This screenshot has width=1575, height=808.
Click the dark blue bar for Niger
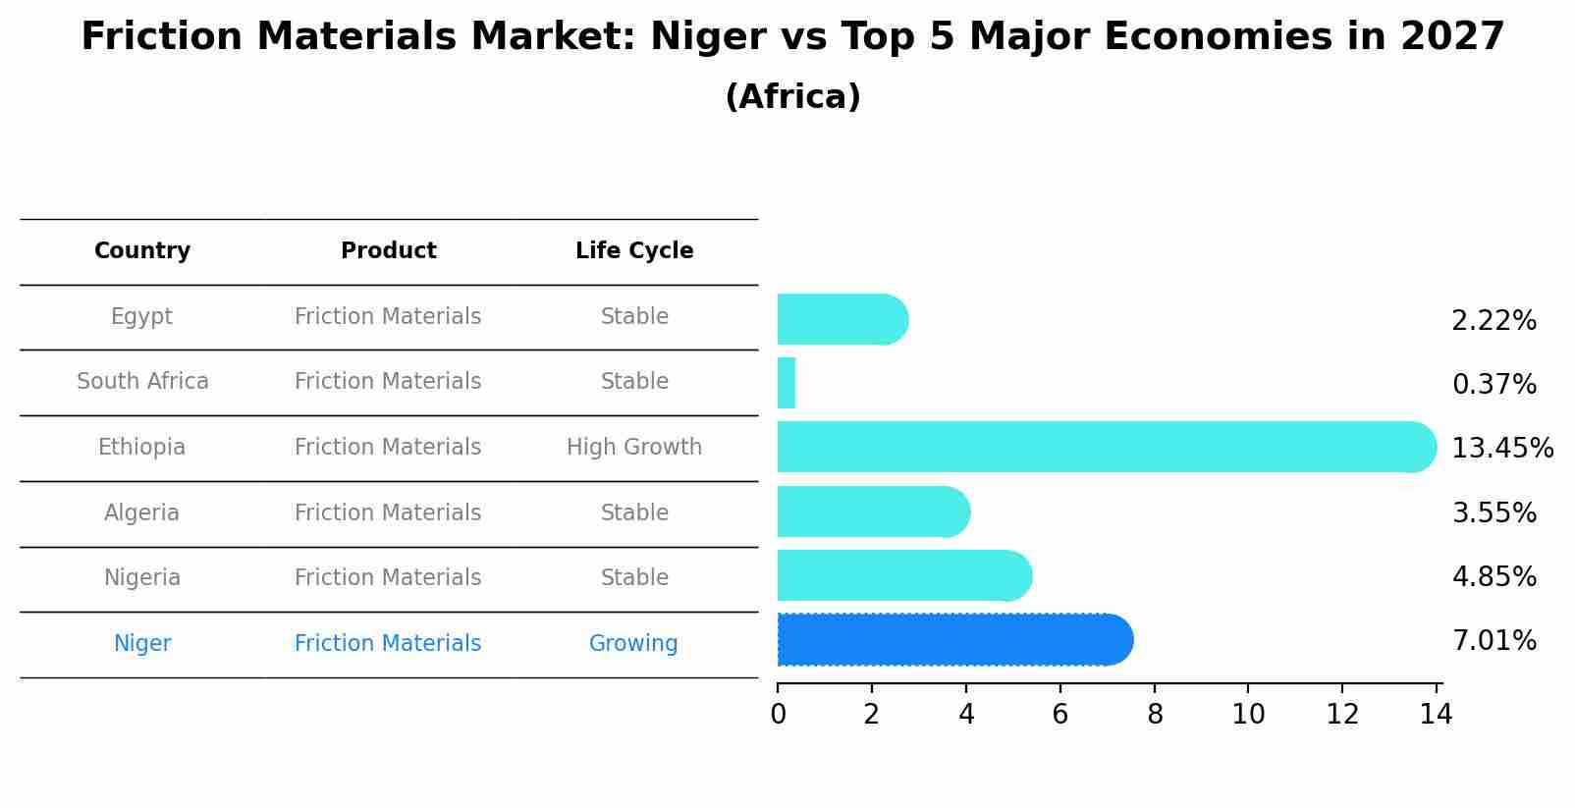(952, 640)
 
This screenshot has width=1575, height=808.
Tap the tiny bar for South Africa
(786, 383)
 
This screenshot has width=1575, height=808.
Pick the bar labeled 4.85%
(903, 575)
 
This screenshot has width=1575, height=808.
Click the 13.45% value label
(1501, 449)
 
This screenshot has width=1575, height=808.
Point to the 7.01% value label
(1494, 641)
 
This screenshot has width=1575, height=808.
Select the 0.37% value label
(1494, 385)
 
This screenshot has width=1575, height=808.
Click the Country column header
(142, 251)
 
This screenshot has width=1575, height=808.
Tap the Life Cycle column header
(634, 251)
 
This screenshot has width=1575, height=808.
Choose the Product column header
(388, 251)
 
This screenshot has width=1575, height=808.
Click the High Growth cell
(634, 448)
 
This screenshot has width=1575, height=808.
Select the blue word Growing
(633, 644)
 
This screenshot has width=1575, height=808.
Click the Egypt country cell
(141, 317)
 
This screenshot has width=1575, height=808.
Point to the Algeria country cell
(141, 513)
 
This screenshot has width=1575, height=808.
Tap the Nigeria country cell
(142, 578)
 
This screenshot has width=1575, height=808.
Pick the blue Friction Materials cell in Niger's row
(388, 644)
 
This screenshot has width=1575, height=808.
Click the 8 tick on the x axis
(1155, 715)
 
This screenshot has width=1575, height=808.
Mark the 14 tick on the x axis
(1437, 715)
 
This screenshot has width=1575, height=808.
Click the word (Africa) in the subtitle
(792, 97)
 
